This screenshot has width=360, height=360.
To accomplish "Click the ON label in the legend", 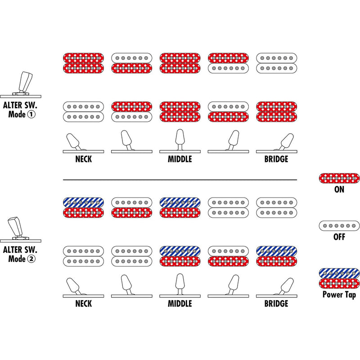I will (x=339, y=189).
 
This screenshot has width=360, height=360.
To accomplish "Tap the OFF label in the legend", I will (x=339, y=237).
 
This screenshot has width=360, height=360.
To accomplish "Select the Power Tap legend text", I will (x=339, y=295).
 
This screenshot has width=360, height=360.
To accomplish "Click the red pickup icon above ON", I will (x=339, y=177).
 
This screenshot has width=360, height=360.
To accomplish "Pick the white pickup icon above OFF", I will (x=339, y=225).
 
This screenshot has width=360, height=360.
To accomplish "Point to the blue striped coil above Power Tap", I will (x=339, y=273).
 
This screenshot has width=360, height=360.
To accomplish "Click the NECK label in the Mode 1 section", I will (x=84, y=159).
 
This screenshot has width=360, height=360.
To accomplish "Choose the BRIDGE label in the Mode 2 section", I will (x=276, y=303).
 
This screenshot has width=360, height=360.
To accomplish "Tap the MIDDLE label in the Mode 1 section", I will (x=180, y=159).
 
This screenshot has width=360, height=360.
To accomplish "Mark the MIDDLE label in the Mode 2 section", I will (x=180, y=303).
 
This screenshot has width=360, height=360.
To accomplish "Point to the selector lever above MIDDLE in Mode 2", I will (x=180, y=284).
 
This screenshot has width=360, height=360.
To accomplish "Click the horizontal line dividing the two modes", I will (x=180, y=180).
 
